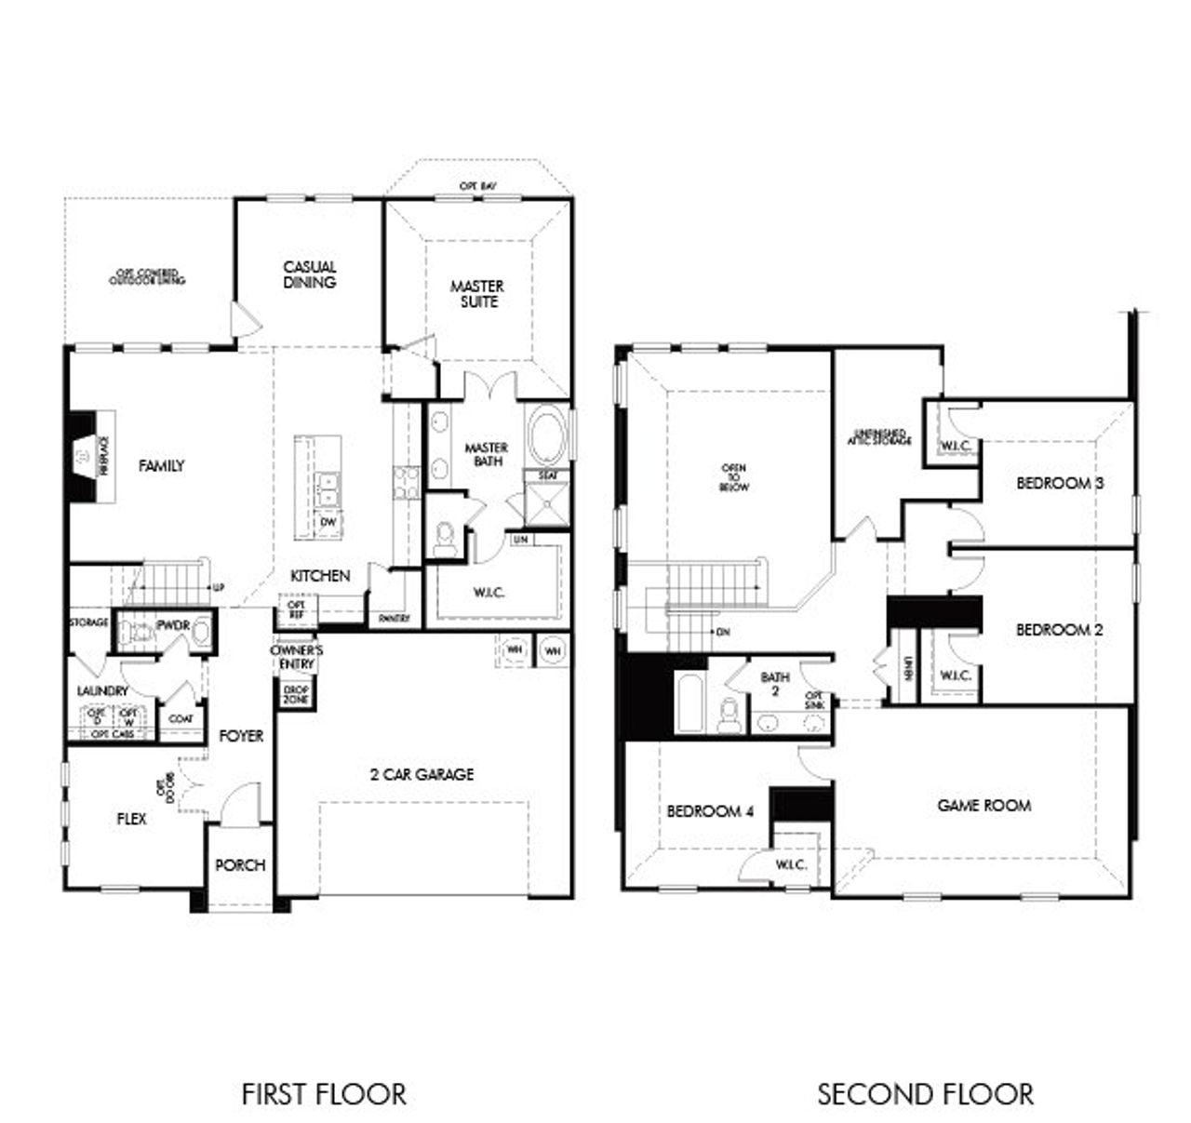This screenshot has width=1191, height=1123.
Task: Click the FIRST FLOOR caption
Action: point(324,1093)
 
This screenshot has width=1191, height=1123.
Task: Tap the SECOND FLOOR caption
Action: point(925,1093)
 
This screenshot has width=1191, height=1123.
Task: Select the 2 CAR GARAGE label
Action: point(422,773)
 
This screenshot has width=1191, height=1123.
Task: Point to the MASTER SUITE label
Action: point(477,293)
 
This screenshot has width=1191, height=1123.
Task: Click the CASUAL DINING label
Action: point(310,274)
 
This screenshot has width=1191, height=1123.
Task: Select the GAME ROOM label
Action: point(984,805)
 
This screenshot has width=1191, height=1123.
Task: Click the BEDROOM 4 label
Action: point(710,811)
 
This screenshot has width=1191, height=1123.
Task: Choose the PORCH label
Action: point(240,864)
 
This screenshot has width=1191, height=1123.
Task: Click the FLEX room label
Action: point(131,819)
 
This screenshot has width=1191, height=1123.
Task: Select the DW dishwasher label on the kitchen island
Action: point(328,522)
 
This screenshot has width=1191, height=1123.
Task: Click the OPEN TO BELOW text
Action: point(733,477)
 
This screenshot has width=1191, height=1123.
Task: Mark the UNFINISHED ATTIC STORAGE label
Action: point(878,436)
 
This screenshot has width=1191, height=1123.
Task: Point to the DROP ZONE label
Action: point(296,693)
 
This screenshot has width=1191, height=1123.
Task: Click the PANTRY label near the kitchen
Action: point(394,618)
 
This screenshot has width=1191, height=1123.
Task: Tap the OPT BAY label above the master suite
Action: point(478,187)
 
